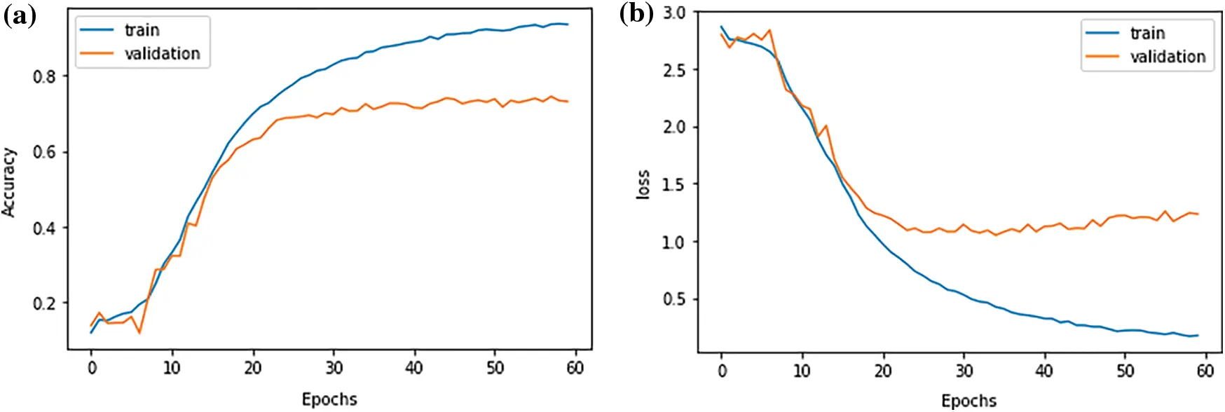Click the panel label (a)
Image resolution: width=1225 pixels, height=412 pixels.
click(19, 15)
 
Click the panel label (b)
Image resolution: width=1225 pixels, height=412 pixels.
click(636, 14)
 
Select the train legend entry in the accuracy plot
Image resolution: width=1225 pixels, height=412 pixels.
click(142, 30)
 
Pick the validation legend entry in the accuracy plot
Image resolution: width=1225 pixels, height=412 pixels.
click(162, 54)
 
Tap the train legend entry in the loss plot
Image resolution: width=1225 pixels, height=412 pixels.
click(1147, 34)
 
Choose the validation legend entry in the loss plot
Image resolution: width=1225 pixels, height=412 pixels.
click(1168, 57)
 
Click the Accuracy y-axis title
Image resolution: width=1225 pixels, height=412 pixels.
click(8, 182)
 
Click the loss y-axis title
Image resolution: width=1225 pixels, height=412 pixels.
click(643, 184)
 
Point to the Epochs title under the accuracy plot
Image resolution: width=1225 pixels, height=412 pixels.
click(329, 399)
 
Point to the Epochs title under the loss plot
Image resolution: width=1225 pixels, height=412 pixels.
click(969, 401)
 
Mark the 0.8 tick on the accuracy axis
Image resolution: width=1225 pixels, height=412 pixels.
click(44, 76)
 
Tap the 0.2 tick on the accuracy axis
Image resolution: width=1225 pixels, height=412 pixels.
click(44, 303)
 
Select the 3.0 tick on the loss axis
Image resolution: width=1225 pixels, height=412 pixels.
click(674, 13)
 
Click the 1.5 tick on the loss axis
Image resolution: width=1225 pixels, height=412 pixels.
click(674, 185)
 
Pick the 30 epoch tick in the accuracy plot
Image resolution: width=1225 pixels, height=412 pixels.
click(334, 368)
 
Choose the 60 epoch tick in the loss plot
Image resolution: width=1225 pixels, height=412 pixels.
click(1205, 371)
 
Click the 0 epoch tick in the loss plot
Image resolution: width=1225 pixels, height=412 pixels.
click(722, 371)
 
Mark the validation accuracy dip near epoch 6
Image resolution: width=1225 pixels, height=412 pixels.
click(139, 333)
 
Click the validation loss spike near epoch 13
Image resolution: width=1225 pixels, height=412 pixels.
click(826, 126)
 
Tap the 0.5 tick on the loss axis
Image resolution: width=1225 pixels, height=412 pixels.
click(674, 300)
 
